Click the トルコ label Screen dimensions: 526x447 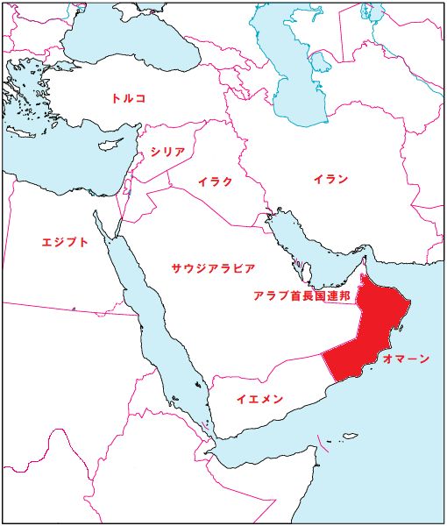coord(128,98)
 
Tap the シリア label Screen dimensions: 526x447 coord(167,152)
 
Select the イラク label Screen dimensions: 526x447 coord(215,181)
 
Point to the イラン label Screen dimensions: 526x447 coord(330,180)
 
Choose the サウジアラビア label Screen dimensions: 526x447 coord(213,267)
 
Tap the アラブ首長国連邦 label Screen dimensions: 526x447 coord(302,296)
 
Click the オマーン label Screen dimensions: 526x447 coord(406,359)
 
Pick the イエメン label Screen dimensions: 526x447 coord(259,399)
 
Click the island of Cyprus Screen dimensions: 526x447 coord(109,141)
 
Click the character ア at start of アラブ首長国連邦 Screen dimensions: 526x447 coord(258,296)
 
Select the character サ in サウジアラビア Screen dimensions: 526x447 coord(176,267)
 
